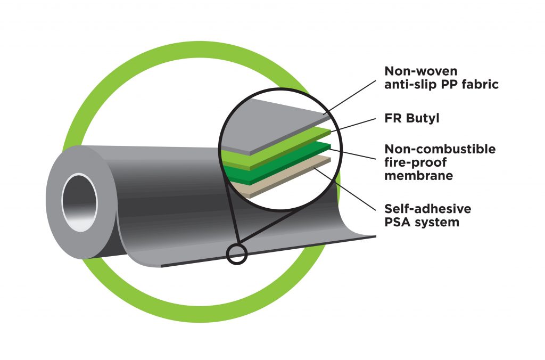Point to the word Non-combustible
point(440,149)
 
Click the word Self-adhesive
point(427,209)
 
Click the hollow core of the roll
point(79,202)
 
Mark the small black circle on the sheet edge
point(237,253)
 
